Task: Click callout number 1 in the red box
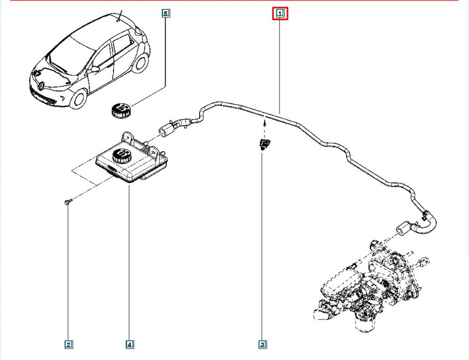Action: (x=280, y=14)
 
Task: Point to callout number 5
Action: (x=165, y=14)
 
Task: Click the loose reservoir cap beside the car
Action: (x=121, y=111)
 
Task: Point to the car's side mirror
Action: (x=95, y=69)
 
